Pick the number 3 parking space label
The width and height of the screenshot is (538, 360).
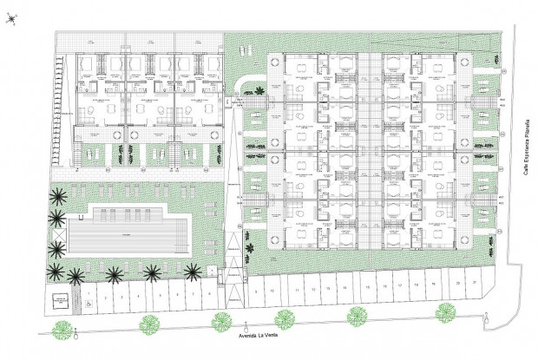(x=120, y=297)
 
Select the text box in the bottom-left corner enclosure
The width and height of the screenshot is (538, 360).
(x=62, y=301)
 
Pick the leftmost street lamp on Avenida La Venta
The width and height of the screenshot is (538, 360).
(x=76, y=334)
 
